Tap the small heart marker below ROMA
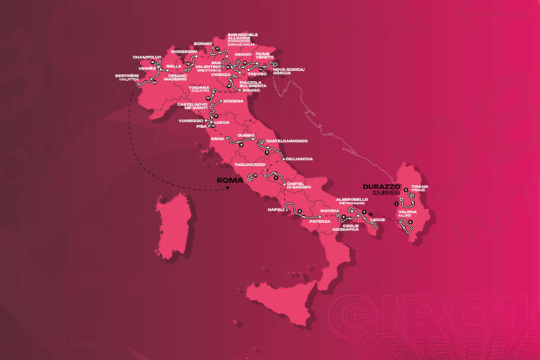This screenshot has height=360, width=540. tap(226, 188)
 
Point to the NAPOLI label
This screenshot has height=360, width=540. tap(276, 210)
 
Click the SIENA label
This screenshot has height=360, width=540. tap(217, 139)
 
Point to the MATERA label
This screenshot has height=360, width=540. tap(330, 210)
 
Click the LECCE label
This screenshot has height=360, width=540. tap(380, 220)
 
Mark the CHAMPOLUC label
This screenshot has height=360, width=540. tap(146, 57)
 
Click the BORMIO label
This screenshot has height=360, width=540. tap(202, 43)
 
